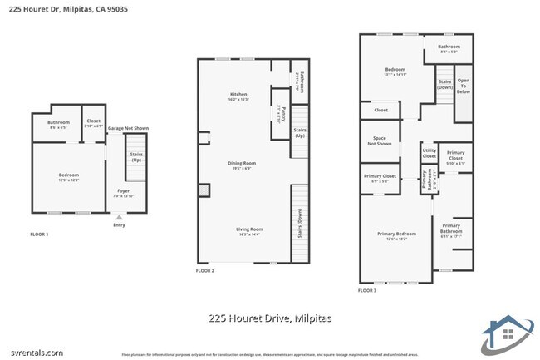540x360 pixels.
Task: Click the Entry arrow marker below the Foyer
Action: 119,218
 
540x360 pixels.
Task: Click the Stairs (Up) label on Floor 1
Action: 135,156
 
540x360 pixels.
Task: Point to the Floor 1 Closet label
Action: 94,123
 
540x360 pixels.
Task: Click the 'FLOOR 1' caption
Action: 39,234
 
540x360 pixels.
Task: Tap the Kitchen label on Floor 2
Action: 239,96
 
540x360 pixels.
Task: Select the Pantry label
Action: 282,114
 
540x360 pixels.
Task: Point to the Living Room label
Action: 249,230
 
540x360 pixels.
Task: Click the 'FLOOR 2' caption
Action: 205,271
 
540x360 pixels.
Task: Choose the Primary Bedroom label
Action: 396,235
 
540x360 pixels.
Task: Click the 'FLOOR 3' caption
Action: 366,291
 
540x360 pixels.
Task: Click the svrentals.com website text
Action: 33,353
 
